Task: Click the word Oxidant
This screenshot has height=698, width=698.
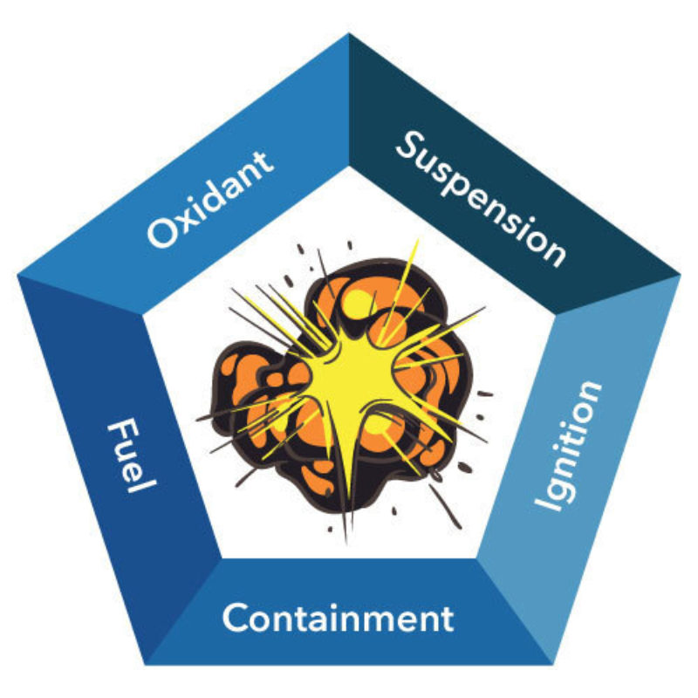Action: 210,199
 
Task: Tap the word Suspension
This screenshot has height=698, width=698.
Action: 482,199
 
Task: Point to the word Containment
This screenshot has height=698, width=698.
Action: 338,617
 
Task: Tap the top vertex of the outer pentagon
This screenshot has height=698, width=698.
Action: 348,33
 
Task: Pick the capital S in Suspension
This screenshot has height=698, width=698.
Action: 411,145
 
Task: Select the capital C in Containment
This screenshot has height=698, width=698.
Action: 236,618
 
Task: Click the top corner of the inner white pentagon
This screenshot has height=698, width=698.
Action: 350,167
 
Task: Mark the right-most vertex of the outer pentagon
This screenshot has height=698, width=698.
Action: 681,275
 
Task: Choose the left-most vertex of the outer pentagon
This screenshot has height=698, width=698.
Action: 17,275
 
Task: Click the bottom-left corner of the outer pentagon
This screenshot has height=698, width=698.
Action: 146,665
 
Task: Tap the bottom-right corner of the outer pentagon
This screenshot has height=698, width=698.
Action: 553,665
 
